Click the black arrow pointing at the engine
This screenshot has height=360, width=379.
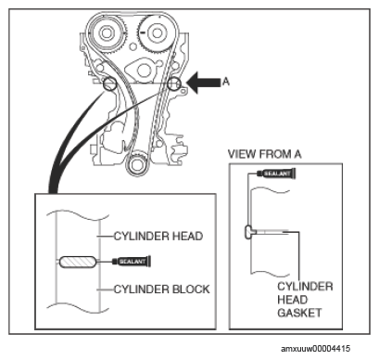204,83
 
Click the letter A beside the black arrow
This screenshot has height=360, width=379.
226,82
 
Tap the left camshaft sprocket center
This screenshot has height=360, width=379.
107,32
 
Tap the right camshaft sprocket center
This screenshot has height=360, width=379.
155,32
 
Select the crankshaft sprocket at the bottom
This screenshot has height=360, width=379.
136,164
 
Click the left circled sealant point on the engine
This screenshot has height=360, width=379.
109,84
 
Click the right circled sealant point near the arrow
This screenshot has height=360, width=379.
174,84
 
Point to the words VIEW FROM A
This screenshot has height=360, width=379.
264,154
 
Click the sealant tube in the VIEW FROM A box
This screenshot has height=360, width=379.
276,174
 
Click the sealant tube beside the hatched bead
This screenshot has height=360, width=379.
132,262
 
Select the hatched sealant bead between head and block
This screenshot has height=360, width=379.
78,262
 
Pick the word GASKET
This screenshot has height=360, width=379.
299,313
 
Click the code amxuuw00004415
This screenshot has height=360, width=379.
316,349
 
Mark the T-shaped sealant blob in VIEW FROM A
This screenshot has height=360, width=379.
249,232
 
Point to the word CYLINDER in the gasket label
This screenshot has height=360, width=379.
305,287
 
